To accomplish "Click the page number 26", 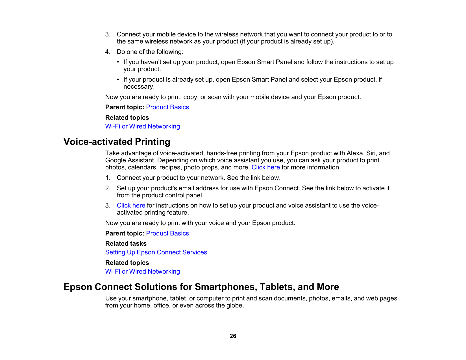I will click(233, 336).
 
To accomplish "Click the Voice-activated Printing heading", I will click(117, 142).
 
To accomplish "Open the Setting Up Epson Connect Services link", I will click(156, 252).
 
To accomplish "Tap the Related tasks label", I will click(126, 243).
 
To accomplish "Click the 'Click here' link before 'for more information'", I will click(265, 167).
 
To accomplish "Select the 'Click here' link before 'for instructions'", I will click(131, 206).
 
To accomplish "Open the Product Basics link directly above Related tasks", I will click(167, 234).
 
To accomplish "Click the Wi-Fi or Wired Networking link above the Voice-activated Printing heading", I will click(142, 126).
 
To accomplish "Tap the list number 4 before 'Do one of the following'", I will click(107, 52).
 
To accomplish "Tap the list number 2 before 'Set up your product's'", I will click(107, 188).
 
